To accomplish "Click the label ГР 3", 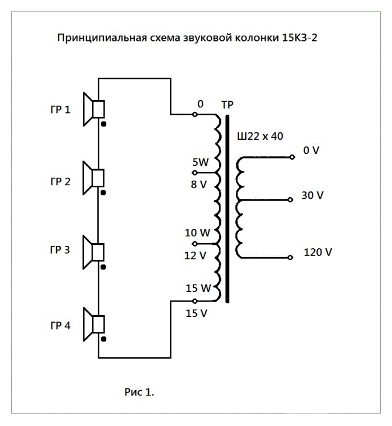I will coord(60,250).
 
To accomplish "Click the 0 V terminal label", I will coord(311,151).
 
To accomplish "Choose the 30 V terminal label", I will coord(313,195).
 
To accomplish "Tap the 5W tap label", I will coord(200,162).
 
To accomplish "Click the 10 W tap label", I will coord(198,232).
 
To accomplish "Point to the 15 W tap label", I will coord(198,289).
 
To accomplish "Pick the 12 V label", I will coord(195,256).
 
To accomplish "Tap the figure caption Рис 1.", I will coord(139,391).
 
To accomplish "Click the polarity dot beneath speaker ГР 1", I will coord(103,122).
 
